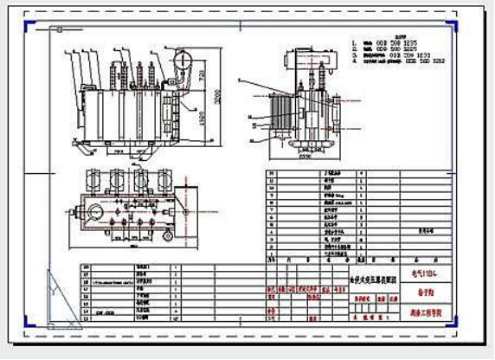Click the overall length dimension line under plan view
pyautogui.click(x=130, y=249)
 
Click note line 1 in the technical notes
pyautogui.click(x=389, y=41)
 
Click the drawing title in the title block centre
pyautogui.click(x=372, y=280)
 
